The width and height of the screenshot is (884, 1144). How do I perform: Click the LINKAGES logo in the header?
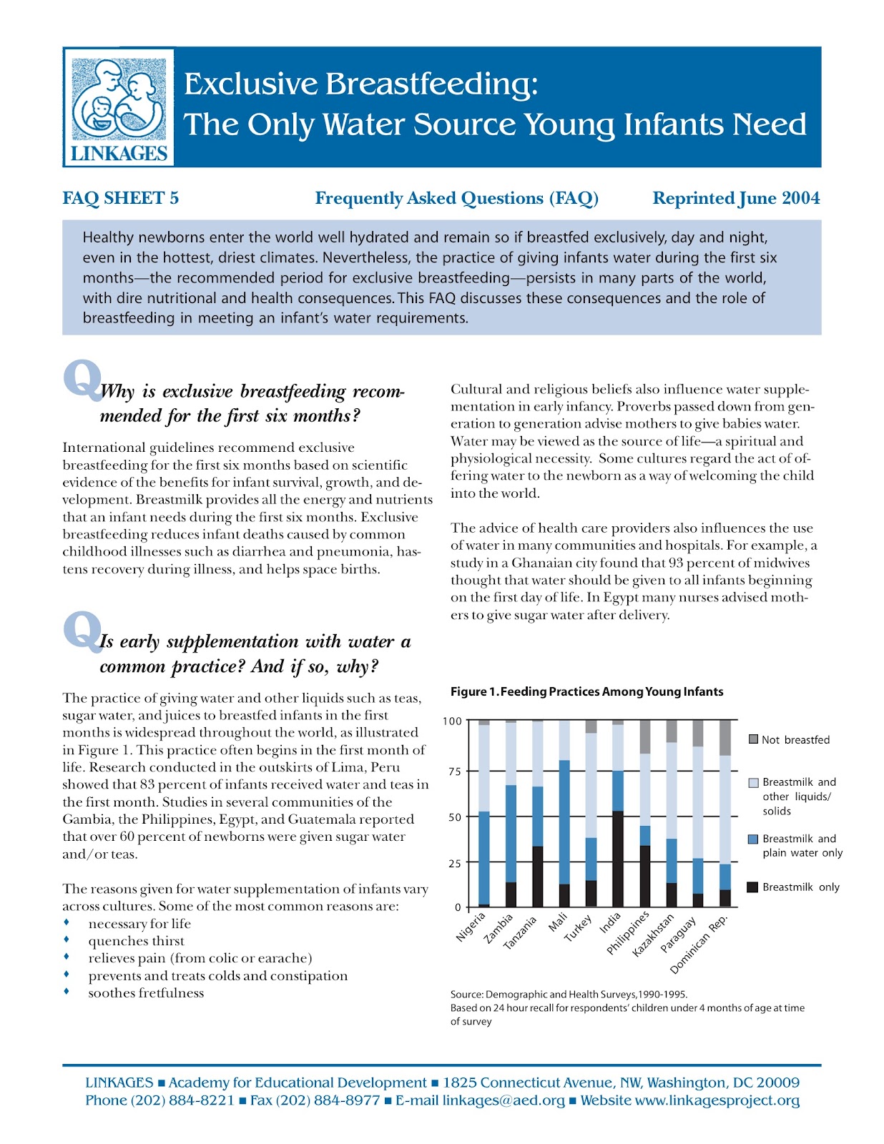119,107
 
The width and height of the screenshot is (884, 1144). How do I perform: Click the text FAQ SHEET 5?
120,198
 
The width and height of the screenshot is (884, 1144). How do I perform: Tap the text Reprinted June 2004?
736,198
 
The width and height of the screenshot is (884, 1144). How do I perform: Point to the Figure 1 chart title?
586,691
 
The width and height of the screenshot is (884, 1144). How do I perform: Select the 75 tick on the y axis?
453,771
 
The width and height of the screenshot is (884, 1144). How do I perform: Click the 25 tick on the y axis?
453,864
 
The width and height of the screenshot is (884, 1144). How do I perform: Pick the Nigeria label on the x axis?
471,927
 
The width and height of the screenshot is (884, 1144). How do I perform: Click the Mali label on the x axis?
558,922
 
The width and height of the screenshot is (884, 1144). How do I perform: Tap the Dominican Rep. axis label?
699,945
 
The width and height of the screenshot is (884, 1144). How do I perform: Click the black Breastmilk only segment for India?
618,859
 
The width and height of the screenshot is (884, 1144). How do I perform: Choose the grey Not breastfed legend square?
753,739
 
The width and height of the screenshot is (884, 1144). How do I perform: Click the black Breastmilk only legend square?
752,887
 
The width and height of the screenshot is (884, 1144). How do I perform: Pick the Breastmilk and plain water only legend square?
752,839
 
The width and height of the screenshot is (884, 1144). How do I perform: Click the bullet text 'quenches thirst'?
136,941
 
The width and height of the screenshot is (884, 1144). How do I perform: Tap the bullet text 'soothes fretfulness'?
146,993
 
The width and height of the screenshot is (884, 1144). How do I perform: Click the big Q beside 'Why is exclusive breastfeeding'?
82,379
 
